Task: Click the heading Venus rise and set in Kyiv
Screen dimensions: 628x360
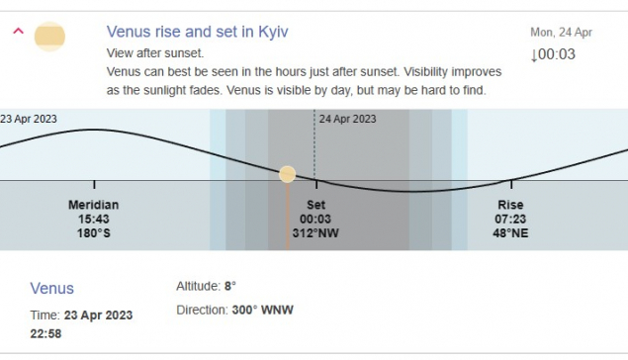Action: pos(197,32)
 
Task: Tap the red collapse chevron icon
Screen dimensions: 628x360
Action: pos(19,31)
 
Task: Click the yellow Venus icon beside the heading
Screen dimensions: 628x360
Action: pos(49,37)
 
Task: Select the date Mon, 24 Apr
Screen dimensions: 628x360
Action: pos(561,33)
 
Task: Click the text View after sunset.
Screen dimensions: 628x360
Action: pos(155,52)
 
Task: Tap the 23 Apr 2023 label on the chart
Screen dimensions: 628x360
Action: pos(29,119)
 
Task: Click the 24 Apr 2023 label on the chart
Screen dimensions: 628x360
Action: pos(347,119)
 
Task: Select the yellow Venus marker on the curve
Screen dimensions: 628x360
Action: pos(287,174)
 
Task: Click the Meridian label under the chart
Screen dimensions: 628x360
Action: pos(93,205)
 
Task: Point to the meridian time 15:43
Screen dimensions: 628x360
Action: pos(94,219)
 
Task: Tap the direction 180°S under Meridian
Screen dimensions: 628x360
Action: pos(94,233)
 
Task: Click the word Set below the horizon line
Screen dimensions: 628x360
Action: pos(316,205)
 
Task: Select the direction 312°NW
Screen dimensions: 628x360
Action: pos(315,233)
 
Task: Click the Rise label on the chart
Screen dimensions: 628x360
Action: pos(510,205)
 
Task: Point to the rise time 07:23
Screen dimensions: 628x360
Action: pos(510,219)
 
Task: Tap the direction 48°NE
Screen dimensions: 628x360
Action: pos(510,233)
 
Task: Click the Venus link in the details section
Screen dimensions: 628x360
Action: pos(52,289)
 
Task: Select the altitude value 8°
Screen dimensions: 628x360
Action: pos(229,286)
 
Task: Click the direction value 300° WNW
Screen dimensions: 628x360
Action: pos(263,310)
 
